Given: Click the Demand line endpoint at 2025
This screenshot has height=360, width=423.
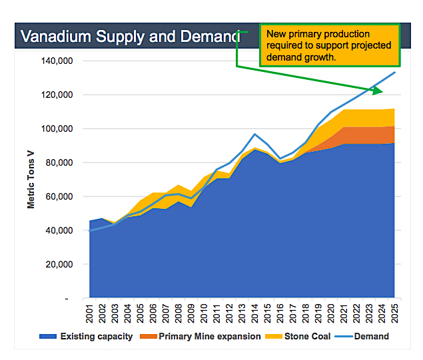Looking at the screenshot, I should (395, 72).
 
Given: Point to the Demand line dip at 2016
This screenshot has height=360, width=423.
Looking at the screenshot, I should (280, 158).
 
